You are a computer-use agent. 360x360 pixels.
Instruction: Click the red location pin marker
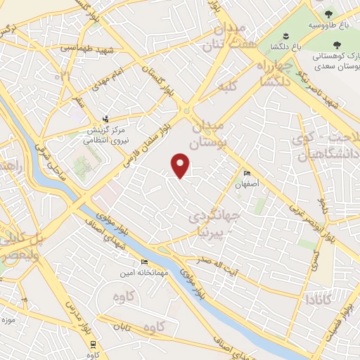(181, 165)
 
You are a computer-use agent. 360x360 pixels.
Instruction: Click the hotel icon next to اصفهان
(246, 174)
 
